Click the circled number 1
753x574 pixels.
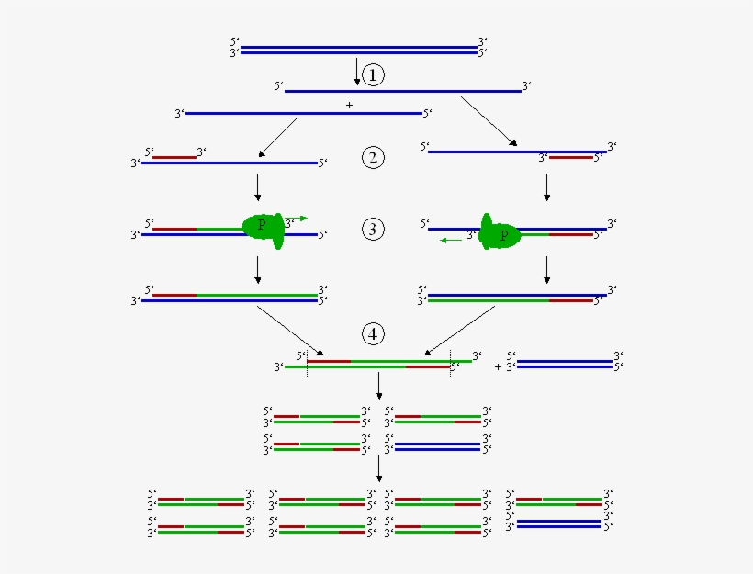pos(372,74)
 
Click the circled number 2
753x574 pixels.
pos(372,158)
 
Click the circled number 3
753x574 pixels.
pos(372,230)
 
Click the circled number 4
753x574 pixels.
pos(372,333)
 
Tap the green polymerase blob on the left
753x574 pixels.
pos(264,228)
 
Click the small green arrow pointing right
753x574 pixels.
pos(298,219)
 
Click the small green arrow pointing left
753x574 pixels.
pos(450,240)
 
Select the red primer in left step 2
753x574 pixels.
pos(174,157)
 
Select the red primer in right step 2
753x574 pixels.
pos(570,157)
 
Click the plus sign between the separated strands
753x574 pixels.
pos(349,106)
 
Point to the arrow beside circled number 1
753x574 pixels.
pos(357,72)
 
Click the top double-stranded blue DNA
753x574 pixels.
pos(358,50)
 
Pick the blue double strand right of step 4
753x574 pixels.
pos(565,364)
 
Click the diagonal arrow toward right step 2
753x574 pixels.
pos(488,120)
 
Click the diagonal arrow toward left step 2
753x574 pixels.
pos(277,137)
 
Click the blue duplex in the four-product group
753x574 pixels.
pos(437,446)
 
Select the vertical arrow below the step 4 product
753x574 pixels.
pos(378,385)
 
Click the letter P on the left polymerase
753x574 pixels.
pos(262,224)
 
